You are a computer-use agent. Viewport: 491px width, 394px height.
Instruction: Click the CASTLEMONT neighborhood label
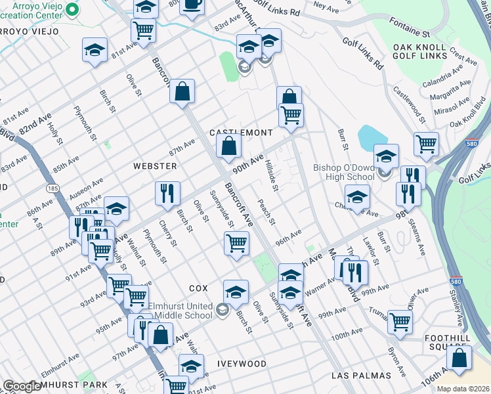pyautogui.click(x=240, y=133)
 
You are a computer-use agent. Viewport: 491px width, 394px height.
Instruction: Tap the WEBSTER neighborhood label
pyautogui.click(x=155, y=166)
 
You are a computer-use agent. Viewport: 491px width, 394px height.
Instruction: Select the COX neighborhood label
pyautogui.click(x=198, y=288)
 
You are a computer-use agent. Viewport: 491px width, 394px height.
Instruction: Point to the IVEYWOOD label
pyautogui.click(x=242, y=364)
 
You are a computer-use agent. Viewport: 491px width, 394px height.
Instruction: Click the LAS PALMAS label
pyautogui.click(x=361, y=376)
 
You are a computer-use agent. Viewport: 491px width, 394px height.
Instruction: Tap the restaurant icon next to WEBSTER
pyautogui.click(x=167, y=193)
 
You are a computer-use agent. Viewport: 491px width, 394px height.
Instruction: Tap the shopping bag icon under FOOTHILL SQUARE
pyautogui.click(x=459, y=359)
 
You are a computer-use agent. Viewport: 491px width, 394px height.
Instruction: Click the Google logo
pyautogui.click(x=22, y=386)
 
